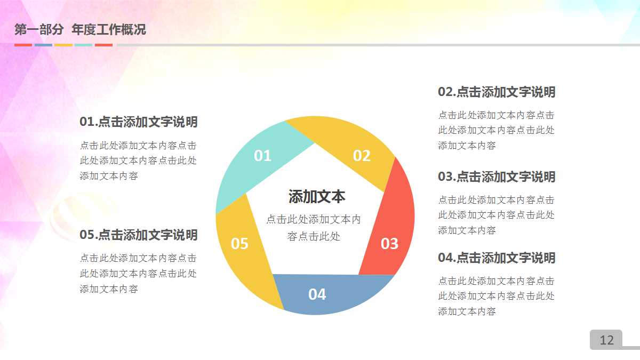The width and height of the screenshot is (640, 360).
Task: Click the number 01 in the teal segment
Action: point(262,156)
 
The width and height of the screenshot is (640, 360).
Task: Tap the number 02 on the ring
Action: point(362,156)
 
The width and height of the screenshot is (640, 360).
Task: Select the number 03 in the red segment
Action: point(389,244)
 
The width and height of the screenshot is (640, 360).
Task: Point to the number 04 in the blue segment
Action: point(317,294)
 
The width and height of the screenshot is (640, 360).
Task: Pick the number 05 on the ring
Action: point(239,244)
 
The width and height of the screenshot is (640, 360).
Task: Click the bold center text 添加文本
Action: point(317,197)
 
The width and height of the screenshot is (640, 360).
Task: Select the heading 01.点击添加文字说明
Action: point(139,122)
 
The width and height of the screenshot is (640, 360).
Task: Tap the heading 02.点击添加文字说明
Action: point(497,92)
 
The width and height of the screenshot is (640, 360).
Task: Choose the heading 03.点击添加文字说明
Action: point(497,177)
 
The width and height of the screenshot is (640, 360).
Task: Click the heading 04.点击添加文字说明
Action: point(497,258)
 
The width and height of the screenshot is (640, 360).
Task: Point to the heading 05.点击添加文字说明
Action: point(139,235)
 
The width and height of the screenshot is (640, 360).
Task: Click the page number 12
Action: point(606,340)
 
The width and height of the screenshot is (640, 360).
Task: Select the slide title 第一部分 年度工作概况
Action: point(80,30)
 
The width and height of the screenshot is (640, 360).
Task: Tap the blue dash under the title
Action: point(43,45)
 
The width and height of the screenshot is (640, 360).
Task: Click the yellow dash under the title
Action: point(63,45)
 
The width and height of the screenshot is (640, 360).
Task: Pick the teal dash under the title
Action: point(83,45)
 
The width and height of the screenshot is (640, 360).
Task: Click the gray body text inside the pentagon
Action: point(314,228)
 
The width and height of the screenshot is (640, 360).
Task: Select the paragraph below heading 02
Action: point(497,130)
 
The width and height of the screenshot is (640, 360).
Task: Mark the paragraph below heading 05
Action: point(139,274)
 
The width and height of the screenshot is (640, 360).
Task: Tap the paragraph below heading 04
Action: point(497,296)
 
